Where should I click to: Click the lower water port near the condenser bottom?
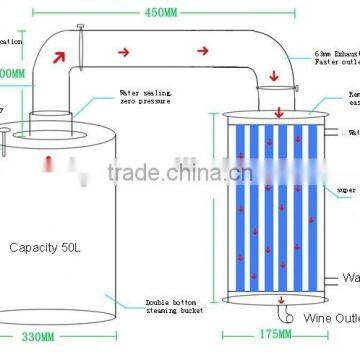pyautogui.click(x=331, y=279)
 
